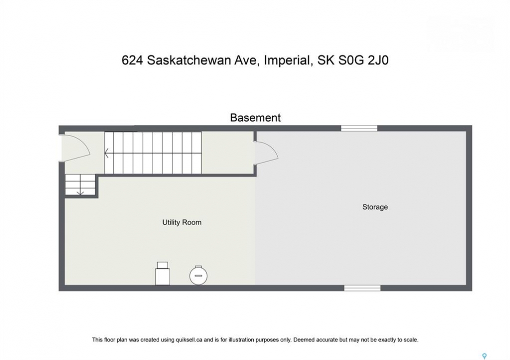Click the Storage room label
(x=375, y=207)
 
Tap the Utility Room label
(x=182, y=222)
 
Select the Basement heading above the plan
(x=255, y=117)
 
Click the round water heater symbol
(x=198, y=275)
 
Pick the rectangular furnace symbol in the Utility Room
(x=162, y=273)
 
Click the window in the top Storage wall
(x=359, y=128)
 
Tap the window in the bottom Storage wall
(x=362, y=288)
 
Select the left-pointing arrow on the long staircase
(x=106, y=152)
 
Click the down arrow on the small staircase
(x=80, y=193)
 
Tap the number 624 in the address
(x=132, y=60)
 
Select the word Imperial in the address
(x=287, y=60)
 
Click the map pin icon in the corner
(x=484, y=356)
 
